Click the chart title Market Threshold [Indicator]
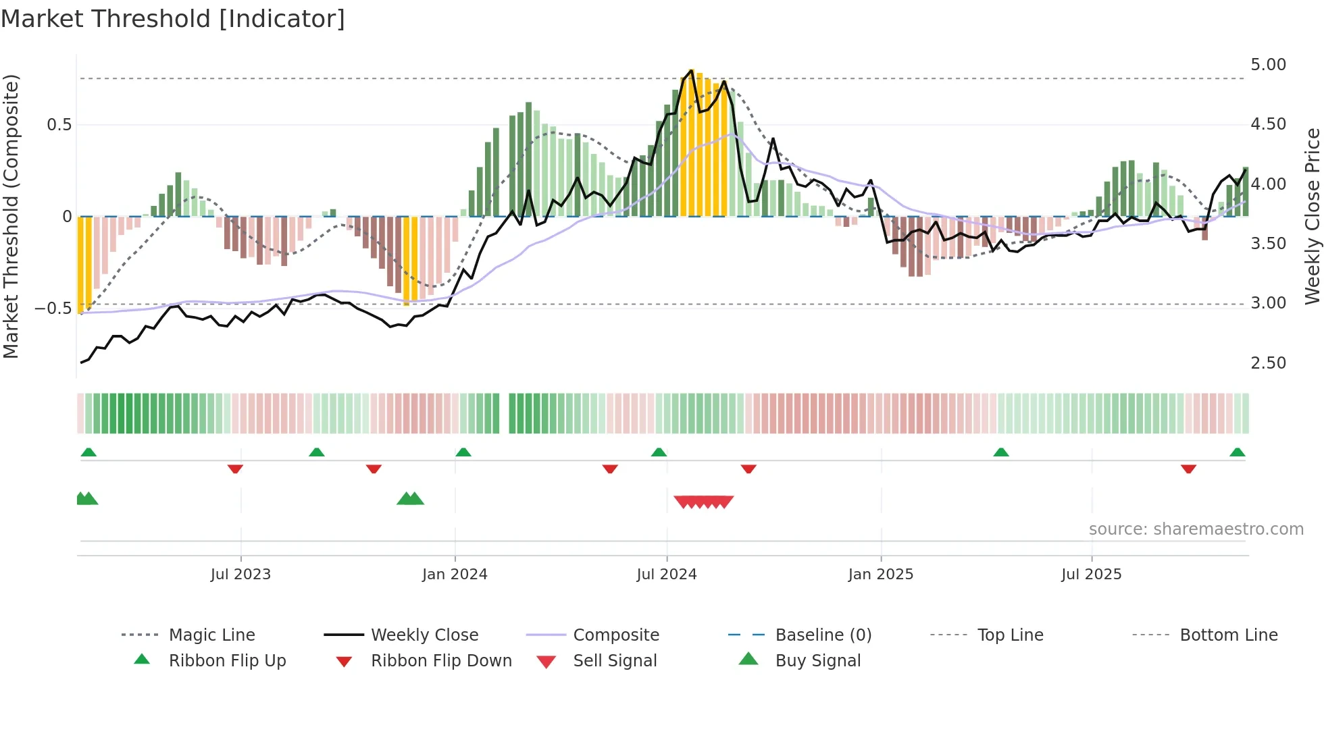pos(173,19)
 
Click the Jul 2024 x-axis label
pos(666,575)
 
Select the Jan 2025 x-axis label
pos(880,575)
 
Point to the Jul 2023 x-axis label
pos(240,575)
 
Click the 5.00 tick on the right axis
pos(1268,65)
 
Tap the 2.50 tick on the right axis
pos(1268,363)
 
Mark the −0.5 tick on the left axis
pos(53,308)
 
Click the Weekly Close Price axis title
pos(1312,216)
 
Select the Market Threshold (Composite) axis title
pos(11,216)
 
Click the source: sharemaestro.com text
pos(1196,529)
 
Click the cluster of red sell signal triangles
pos(703,502)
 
